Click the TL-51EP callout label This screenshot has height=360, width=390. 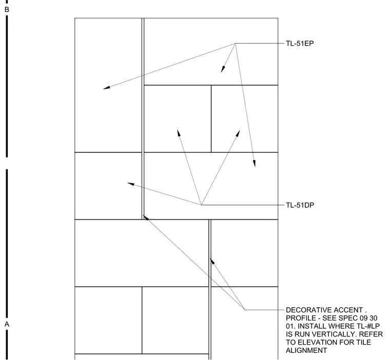coord(300,44)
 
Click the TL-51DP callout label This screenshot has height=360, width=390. coord(300,205)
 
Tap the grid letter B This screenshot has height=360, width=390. coord(7,9)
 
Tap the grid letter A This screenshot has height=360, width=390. coord(7,324)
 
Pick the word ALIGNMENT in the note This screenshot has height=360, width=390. coord(306,350)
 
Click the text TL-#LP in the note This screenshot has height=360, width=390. coord(366,326)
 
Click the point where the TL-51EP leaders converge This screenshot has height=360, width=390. coord(236,44)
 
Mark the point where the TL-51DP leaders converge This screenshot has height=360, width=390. coord(201,205)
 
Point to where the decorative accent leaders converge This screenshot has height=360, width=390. coord(245,310)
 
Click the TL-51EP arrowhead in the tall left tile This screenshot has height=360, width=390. coord(106,88)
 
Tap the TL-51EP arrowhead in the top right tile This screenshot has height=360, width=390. coord(223,69)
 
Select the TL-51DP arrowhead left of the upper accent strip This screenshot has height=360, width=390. coord(130,184)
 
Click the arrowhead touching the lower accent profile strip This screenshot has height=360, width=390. coord(212,261)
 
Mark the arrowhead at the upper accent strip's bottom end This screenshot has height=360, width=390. coord(146,218)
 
